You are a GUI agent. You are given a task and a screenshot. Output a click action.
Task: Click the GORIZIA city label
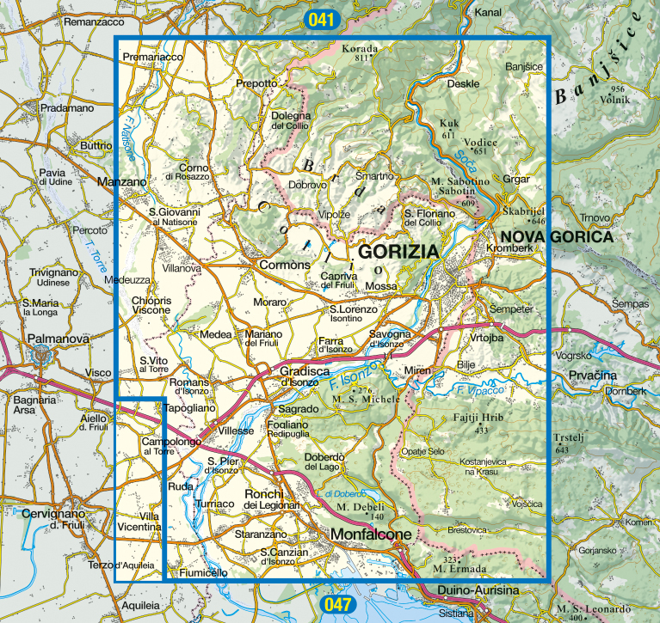[398, 252]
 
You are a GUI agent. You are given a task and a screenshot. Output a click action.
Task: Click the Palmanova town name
[58, 339]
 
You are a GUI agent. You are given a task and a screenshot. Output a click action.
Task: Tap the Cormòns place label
[284, 266]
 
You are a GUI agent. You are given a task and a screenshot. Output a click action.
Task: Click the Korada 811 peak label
[360, 52]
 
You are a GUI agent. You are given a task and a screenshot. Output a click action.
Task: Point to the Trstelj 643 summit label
[563, 442]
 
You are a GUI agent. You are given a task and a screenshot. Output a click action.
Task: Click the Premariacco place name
[153, 57]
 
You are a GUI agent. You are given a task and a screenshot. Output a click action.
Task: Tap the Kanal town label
[488, 13]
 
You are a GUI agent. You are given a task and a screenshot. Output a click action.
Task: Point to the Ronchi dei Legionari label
[270, 499]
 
